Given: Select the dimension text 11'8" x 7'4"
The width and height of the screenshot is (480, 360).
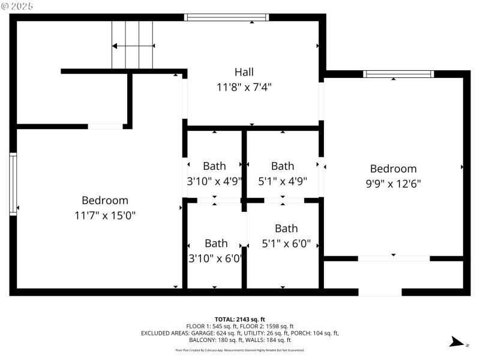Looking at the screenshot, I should [x=244, y=87].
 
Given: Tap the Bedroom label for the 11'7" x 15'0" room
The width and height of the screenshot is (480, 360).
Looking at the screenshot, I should [x=105, y=200].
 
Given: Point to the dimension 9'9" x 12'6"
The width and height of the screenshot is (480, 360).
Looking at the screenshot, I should [x=393, y=184].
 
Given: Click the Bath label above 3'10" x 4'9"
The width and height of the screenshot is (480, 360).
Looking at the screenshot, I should [x=214, y=166].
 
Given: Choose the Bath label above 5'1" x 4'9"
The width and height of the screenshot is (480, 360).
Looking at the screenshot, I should [x=283, y=166].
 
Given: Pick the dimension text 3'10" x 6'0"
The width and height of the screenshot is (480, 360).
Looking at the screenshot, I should [x=215, y=258].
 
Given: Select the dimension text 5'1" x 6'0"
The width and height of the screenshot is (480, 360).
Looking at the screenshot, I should [x=286, y=244].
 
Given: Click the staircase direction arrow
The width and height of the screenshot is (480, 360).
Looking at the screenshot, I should [x=133, y=46].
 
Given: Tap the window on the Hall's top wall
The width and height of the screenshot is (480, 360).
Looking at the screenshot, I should [x=222, y=17].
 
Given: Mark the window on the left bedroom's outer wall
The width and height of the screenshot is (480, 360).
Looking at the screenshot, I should [x=13, y=184].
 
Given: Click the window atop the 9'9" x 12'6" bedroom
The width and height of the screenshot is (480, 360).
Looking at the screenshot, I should [x=398, y=74].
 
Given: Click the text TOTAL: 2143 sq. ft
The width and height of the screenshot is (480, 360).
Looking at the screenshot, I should [x=240, y=319].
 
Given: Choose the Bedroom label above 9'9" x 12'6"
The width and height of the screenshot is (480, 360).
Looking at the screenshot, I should [x=393, y=169].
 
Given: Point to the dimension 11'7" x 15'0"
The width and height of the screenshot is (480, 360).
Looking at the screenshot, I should [x=105, y=215].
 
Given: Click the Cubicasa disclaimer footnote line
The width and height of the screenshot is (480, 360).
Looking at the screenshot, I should [x=240, y=350].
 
